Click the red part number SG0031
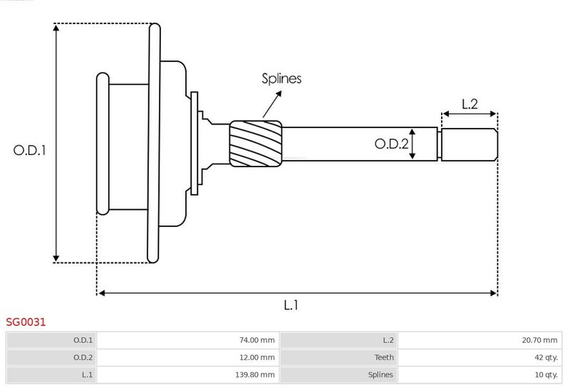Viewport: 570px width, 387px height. pyautogui.click(x=26, y=322)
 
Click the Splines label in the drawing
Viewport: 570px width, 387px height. pyautogui.click(x=281, y=79)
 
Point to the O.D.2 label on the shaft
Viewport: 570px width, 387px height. pyautogui.click(x=391, y=144)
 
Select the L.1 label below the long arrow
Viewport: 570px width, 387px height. pyautogui.click(x=291, y=305)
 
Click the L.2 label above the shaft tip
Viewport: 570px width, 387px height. pyautogui.click(x=470, y=104)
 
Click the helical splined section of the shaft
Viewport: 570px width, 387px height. pyautogui.click(x=256, y=143)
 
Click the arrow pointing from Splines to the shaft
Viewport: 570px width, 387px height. pyautogui.click(x=271, y=104)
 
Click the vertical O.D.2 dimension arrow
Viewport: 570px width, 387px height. pyautogui.click(x=413, y=144)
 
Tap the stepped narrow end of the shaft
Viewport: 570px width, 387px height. pyautogui.click(x=468, y=144)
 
